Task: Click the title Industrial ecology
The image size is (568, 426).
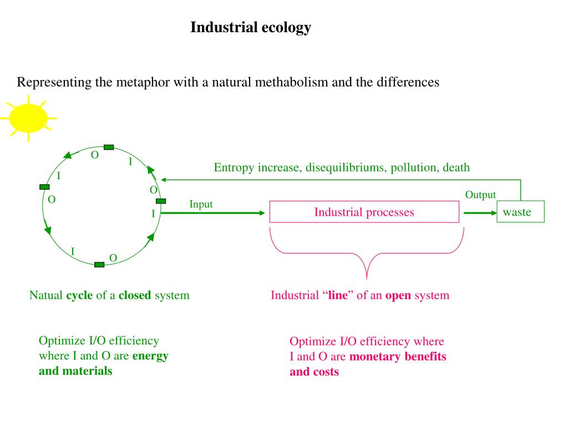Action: click(251, 27)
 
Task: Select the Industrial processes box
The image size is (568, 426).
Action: click(364, 212)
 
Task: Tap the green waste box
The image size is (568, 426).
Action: click(520, 212)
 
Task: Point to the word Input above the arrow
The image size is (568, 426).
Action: click(201, 204)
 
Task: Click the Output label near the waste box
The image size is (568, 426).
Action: click(480, 195)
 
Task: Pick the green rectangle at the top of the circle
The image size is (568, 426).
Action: click(109, 147)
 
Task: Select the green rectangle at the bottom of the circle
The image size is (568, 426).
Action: click(99, 265)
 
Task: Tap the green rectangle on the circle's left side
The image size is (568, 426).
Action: click(44, 187)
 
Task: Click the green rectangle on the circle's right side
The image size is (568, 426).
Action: click(161, 201)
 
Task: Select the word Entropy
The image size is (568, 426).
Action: click(234, 168)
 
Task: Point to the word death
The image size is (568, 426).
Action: click(456, 168)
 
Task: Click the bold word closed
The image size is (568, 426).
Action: click(135, 295)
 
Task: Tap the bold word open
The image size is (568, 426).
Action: click(398, 295)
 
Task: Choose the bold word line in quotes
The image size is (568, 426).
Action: click(337, 295)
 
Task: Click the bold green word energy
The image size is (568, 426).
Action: click(150, 356)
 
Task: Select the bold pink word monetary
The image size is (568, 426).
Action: click(376, 357)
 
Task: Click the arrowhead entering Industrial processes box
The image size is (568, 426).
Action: click(262, 212)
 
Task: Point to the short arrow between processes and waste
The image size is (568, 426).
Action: click(480, 212)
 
